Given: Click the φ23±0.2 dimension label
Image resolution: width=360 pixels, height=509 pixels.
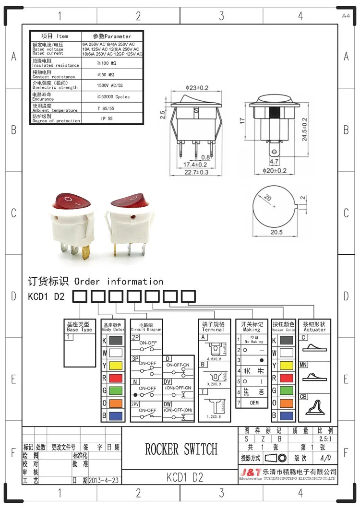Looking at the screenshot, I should (197, 88).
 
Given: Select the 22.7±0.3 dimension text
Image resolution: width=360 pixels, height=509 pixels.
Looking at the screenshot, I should (197, 172).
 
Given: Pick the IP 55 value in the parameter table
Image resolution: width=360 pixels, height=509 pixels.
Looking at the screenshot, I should (107, 118).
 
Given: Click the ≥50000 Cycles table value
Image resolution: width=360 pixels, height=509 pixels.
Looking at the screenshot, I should (113, 97).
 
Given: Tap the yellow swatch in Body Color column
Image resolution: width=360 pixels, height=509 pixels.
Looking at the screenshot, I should (115, 366).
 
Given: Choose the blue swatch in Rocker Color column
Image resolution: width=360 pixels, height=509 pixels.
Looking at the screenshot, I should (286, 415).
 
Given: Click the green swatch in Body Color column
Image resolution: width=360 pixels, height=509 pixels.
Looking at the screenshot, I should (115, 391).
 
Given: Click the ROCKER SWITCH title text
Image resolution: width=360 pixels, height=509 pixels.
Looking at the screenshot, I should (181, 449).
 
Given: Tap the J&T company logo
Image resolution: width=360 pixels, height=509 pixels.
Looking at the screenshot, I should (250, 473).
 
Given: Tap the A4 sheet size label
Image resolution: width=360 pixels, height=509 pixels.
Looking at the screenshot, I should (346, 16).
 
